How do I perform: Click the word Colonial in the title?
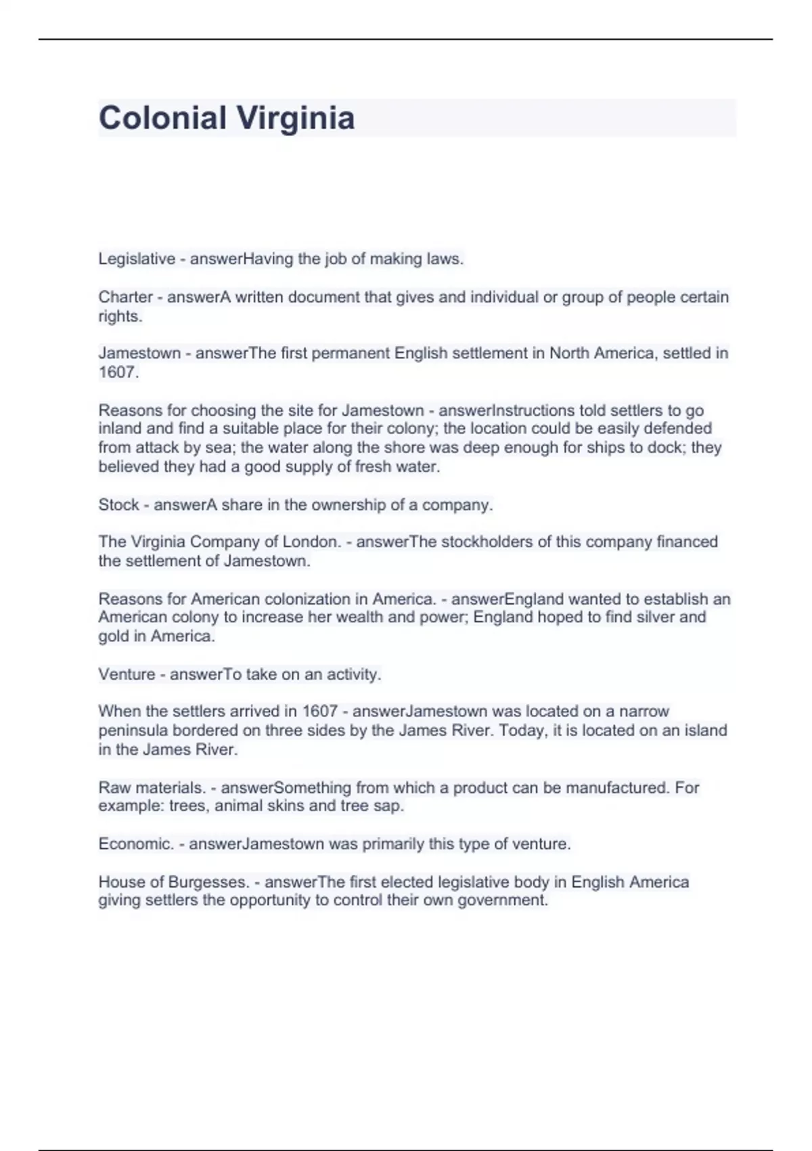(x=162, y=118)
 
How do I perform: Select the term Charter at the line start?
(x=125, y=297)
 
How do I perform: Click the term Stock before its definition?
(x=118, y=505)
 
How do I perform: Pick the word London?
(x=310, y=542)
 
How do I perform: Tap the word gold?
(x=113, y=636)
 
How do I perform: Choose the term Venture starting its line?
(x=127, y=674)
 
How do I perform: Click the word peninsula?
(x=133, y=731)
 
